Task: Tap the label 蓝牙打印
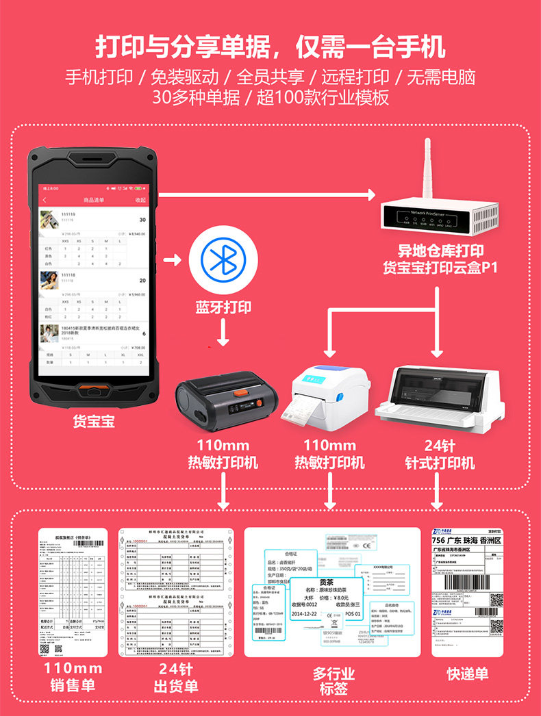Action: pos(223,307)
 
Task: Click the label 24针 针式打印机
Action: pos(439,454)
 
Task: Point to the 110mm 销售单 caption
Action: pos(73,676)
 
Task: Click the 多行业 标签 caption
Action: pos(334,681)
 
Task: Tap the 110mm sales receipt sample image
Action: pos(73,592)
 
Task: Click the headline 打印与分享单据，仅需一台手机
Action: pos(270,47)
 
